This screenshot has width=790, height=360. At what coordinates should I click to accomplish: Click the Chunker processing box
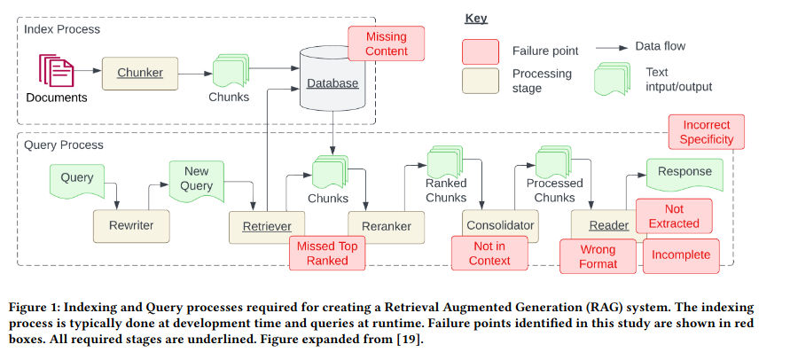pos(140,73)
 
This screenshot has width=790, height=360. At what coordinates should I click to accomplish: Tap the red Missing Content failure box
pos(387,43)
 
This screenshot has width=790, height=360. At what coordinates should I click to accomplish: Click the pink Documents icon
pos(57,71)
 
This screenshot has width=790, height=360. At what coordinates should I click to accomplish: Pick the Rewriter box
pos(131,226)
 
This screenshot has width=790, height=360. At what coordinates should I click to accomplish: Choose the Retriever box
pos(267,227)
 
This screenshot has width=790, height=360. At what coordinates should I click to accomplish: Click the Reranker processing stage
pos(387,227)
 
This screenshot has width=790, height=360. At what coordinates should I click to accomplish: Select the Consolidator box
pos(500,226)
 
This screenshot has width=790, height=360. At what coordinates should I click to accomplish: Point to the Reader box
pos(608,226)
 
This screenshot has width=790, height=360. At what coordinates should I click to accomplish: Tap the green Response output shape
pos(684,174)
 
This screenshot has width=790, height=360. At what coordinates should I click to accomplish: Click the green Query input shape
pos(77,180)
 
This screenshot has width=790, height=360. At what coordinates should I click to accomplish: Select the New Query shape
pos(197,181)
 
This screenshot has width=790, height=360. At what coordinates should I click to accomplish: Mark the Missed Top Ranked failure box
pos(327,253)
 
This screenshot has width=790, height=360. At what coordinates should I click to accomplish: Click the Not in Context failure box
pos(489,254)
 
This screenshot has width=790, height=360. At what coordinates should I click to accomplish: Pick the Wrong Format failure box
pos(598,256)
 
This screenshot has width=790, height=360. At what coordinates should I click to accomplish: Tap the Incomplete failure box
pos(681,256)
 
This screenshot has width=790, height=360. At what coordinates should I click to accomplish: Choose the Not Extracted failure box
pos(674,215)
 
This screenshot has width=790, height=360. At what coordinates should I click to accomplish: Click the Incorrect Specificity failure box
pos(707,132)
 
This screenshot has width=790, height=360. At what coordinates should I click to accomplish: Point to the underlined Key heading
pos(475,19)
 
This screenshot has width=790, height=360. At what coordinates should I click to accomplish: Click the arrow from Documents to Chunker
pos(88,71)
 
